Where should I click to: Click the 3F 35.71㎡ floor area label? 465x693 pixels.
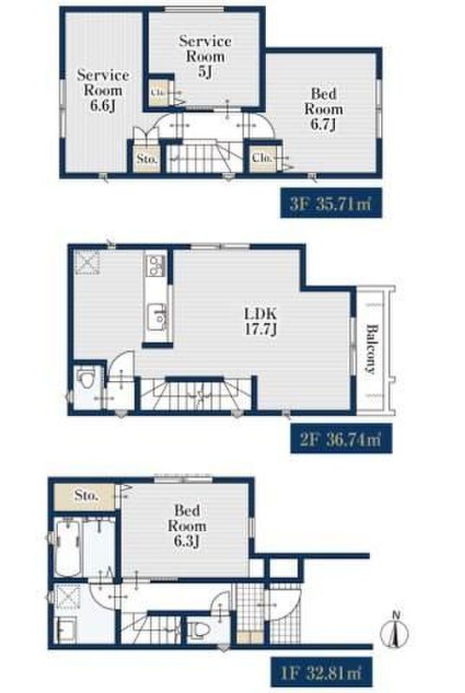click(331, 204)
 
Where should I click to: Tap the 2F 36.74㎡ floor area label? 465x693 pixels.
click(340, 438)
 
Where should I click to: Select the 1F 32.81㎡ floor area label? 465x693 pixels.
click(321, 672)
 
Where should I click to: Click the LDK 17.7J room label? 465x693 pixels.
click(261, 321)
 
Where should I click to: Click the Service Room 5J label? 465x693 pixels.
click(205, 56)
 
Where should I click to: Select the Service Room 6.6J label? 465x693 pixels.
click(103, 90)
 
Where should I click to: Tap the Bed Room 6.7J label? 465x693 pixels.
click(324, 109)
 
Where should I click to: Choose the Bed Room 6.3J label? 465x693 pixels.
click(187, 526)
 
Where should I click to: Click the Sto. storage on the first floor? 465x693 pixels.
click(86, 495)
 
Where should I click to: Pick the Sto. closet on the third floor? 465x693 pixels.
click(146, 159)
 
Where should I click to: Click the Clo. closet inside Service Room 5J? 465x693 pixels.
click(158, 93)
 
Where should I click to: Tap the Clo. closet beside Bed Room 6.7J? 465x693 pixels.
click(262, 158)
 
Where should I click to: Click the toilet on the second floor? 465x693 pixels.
click(85, 379)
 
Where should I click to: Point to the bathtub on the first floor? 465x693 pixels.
click(68, 548)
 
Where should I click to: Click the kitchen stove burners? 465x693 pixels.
click(156, 266)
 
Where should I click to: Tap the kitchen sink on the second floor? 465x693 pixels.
click(158, 317)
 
